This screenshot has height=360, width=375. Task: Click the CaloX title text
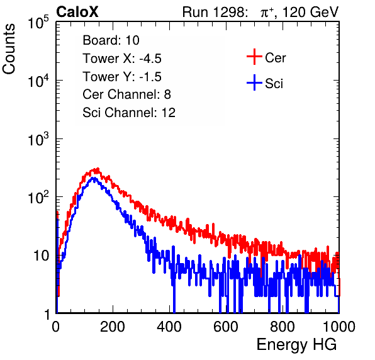(x=77, y=12)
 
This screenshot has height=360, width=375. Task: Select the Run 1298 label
(x=215, y=12)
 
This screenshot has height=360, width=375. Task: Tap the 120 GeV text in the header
(x=310, y=12)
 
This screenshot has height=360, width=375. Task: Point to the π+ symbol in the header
(x=267, y=13)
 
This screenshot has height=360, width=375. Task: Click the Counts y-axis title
(x=9, y=49)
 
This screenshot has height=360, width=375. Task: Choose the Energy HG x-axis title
(x=296, y=345)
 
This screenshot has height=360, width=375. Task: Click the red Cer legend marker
(x=254, y=57)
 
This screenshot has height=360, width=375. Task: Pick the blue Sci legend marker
(x=254, y=82)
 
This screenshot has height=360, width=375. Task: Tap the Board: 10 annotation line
(x=111, y=40)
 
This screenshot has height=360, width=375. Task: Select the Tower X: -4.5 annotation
(x=122, y=59)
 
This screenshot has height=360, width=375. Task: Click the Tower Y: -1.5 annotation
(x=122, y=77)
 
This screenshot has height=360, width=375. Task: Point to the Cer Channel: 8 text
(x=126, y=94)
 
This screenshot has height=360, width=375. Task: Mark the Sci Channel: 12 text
(x=129, y=113)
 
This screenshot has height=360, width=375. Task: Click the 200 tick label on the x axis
(x=113, y=327)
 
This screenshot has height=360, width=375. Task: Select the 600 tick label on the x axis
(x=226, y=327)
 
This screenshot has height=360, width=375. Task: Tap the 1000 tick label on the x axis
(x=339, y=327)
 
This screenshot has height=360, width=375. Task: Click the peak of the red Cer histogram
(x=98, y=169)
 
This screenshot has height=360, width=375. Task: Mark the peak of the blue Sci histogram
(x=94, y=178)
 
